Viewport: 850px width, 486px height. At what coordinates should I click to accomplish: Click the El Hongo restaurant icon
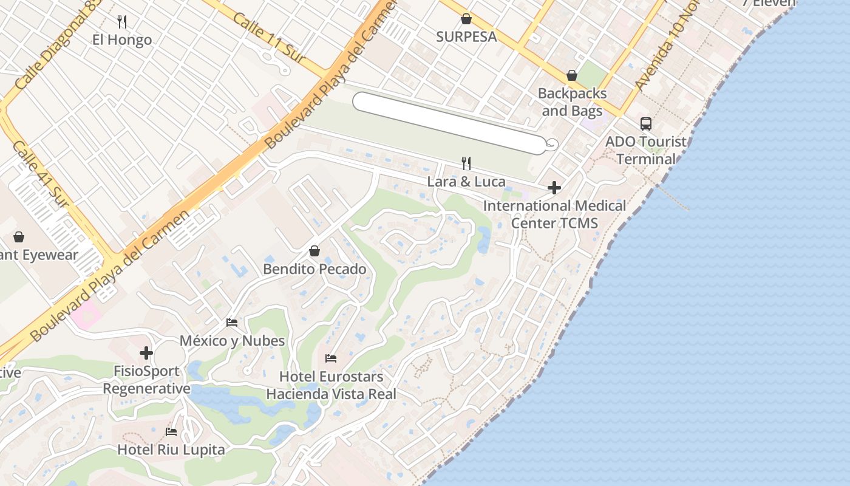tap(122, 22)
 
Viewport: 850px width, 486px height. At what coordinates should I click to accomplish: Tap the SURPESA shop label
tap(466, 36)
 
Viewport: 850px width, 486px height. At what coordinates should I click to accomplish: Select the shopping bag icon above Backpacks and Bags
tap(571, 76)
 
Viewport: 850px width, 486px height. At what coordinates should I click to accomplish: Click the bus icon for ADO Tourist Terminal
tap(646, 124)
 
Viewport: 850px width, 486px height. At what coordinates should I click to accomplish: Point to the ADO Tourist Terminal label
tap(646, 150)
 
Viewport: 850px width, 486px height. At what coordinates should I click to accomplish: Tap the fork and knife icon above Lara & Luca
tap(466, 163)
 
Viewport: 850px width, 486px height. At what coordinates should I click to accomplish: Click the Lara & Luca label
tap(466, 182)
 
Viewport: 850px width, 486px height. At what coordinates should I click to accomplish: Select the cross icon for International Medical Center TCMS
tap(554, 188)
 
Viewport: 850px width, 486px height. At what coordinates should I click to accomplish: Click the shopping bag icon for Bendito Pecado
tap(314, 251)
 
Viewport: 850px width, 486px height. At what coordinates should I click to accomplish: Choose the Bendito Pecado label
tap(314, 269)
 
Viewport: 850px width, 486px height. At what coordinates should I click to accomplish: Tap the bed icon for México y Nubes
tap(232, 323)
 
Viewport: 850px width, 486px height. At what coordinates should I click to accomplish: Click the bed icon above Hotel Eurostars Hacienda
tap(331, 358)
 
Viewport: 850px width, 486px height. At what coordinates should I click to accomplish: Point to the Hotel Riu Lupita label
tap(171, 450)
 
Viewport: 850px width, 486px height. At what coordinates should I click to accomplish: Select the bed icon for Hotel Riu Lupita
tap(171, 432)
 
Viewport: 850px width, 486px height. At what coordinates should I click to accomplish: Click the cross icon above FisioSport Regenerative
tap(146, 353)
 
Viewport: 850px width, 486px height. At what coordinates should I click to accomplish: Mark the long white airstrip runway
tap(449, 122)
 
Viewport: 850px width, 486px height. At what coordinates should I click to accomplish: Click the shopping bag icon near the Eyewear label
tap(19, 236)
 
